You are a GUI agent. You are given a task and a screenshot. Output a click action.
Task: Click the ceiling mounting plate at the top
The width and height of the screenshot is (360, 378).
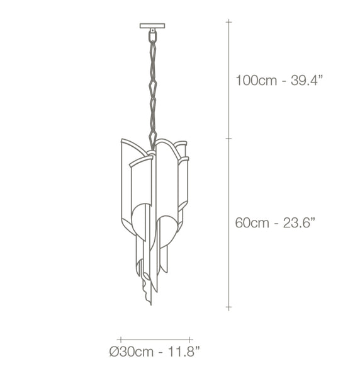pos(152,26)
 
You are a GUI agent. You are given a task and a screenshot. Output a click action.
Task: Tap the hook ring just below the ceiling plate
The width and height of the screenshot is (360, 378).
pos(153,35)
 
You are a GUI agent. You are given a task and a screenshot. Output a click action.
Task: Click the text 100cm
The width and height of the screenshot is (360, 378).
pos(256,80)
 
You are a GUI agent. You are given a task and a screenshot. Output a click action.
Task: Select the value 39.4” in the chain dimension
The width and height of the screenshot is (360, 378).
pos(307,80)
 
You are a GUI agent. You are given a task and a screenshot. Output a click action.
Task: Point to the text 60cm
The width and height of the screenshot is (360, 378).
pos(252,223)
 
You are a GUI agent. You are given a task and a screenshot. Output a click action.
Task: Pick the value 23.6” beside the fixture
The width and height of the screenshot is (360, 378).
pos(299,222)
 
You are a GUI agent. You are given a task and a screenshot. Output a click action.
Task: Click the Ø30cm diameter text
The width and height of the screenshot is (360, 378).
pos(132,352)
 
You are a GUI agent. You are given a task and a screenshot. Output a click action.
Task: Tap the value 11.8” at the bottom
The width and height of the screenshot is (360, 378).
pos(184,352)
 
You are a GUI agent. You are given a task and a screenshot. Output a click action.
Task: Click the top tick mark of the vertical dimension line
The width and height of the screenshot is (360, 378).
pos(228,22)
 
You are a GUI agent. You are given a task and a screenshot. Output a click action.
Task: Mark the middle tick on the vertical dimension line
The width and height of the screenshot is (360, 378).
pos(228,139)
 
